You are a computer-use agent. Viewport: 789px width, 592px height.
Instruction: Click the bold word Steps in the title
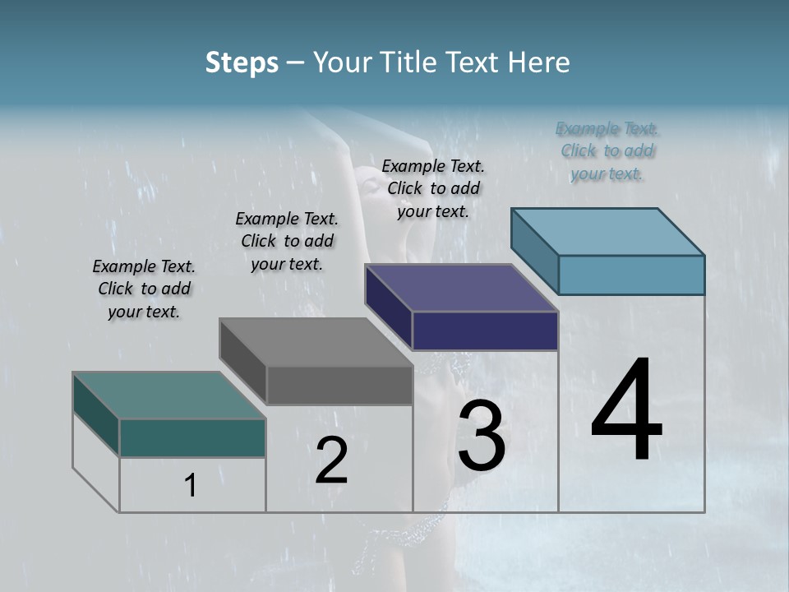coord(242,62)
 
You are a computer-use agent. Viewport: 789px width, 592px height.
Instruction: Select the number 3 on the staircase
coord(481,436)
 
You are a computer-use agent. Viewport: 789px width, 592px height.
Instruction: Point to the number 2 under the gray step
coord(331,460)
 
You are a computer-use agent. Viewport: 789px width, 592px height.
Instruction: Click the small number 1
coord(191,486)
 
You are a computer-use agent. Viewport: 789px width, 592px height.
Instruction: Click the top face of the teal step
coord(168,395)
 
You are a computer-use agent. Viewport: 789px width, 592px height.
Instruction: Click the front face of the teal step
coord(192,437)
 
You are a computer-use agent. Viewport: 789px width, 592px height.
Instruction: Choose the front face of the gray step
coord(339,385)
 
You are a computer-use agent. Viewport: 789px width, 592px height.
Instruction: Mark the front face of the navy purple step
coord(485,331)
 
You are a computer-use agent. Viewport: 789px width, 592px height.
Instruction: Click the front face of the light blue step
coord(631,275)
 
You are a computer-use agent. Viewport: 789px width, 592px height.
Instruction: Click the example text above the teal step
coord(144,289)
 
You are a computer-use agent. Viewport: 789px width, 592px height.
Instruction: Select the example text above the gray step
coord(287,241)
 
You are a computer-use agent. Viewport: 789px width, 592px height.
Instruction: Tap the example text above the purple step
coord(433,188)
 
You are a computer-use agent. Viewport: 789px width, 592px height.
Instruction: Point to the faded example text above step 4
coord(607,150)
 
